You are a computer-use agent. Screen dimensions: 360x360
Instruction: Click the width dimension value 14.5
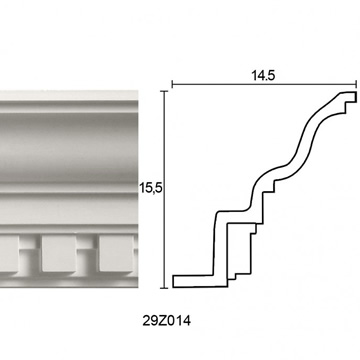click(263, 76)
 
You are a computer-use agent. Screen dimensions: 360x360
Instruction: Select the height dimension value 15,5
click(150, 189)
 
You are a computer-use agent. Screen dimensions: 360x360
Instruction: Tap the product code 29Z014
click(167, 321)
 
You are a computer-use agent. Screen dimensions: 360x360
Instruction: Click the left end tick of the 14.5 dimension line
click(172, 84)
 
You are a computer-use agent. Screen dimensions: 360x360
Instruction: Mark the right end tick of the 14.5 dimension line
click(357, 84)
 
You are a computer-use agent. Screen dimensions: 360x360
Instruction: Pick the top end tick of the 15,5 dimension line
click(164, 91)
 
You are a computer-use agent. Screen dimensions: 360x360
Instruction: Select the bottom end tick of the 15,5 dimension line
click(164, 288)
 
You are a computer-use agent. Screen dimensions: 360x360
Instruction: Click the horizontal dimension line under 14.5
click(264, 84)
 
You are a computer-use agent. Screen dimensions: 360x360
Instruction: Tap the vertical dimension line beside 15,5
click(164, 189)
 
